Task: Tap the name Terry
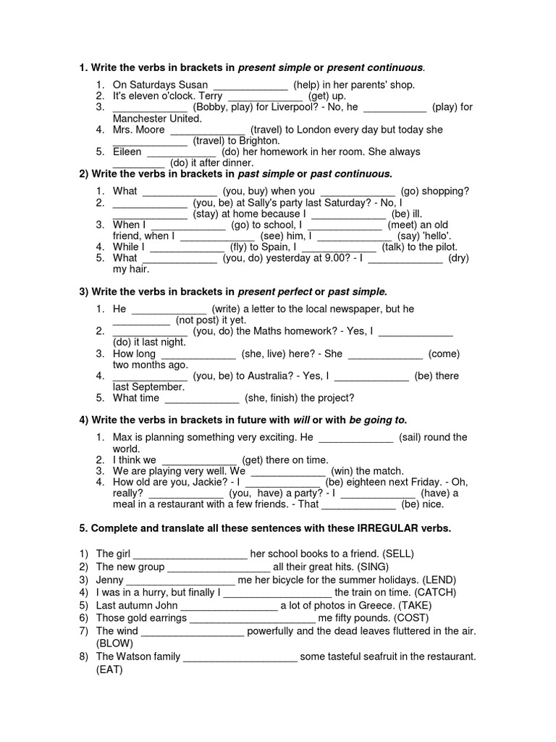tap(209, 96)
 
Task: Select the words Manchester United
tap(156, 118)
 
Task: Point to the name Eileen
tap(127, 152)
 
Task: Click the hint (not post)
tap(199, 320)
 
